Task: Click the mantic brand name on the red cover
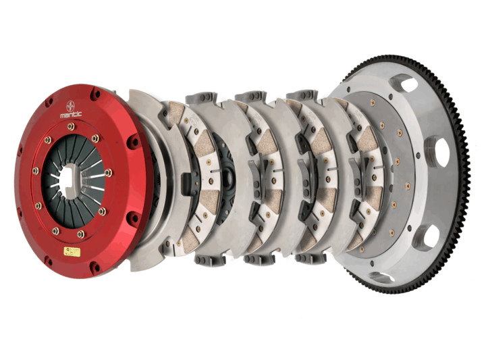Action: [70, 115]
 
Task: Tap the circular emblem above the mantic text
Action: [70, 105]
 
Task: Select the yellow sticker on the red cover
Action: [71, 251]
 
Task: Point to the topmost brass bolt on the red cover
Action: [71, 126]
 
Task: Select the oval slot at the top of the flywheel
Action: [404, 83]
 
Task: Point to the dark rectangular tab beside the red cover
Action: [185, 182]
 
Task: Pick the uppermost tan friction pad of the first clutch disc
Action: [178, 113]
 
